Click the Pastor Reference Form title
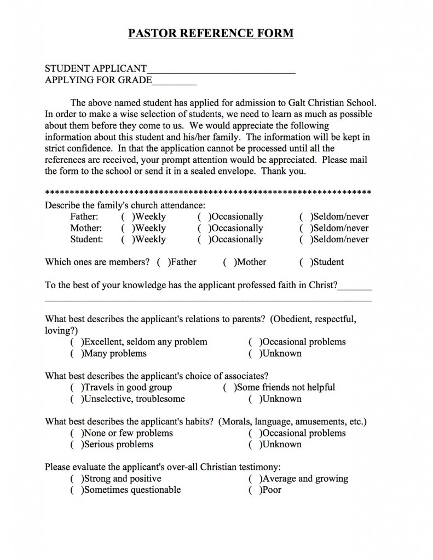coord(211,33)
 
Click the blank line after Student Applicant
coord(221,69)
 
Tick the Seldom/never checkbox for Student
coord(304,240)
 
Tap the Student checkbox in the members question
coord(304,262)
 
